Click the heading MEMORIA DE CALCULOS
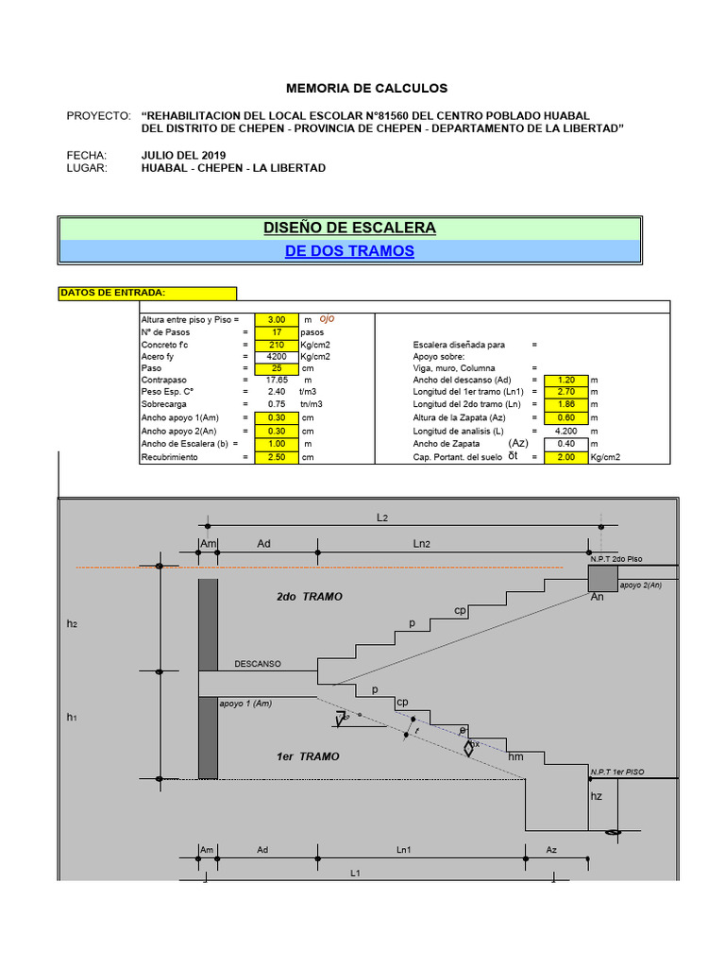[366, 88]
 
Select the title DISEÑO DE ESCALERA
[350, 228]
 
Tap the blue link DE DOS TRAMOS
[350, 251]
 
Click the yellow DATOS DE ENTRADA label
[147, 293]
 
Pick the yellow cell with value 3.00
[277, 320]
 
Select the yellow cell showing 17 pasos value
[277, 332]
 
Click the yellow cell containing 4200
[277, 358]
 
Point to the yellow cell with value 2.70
[566, 391]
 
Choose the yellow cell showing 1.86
[566, 404]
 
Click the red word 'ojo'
[327, 319]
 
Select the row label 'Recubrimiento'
[169, 456]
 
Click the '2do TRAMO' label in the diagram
[310, 597]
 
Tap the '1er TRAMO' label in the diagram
[308, 756]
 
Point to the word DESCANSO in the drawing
[258, 664]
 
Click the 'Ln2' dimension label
[422, 544]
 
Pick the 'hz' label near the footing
[596, 796]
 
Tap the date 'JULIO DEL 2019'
[183, 155]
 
